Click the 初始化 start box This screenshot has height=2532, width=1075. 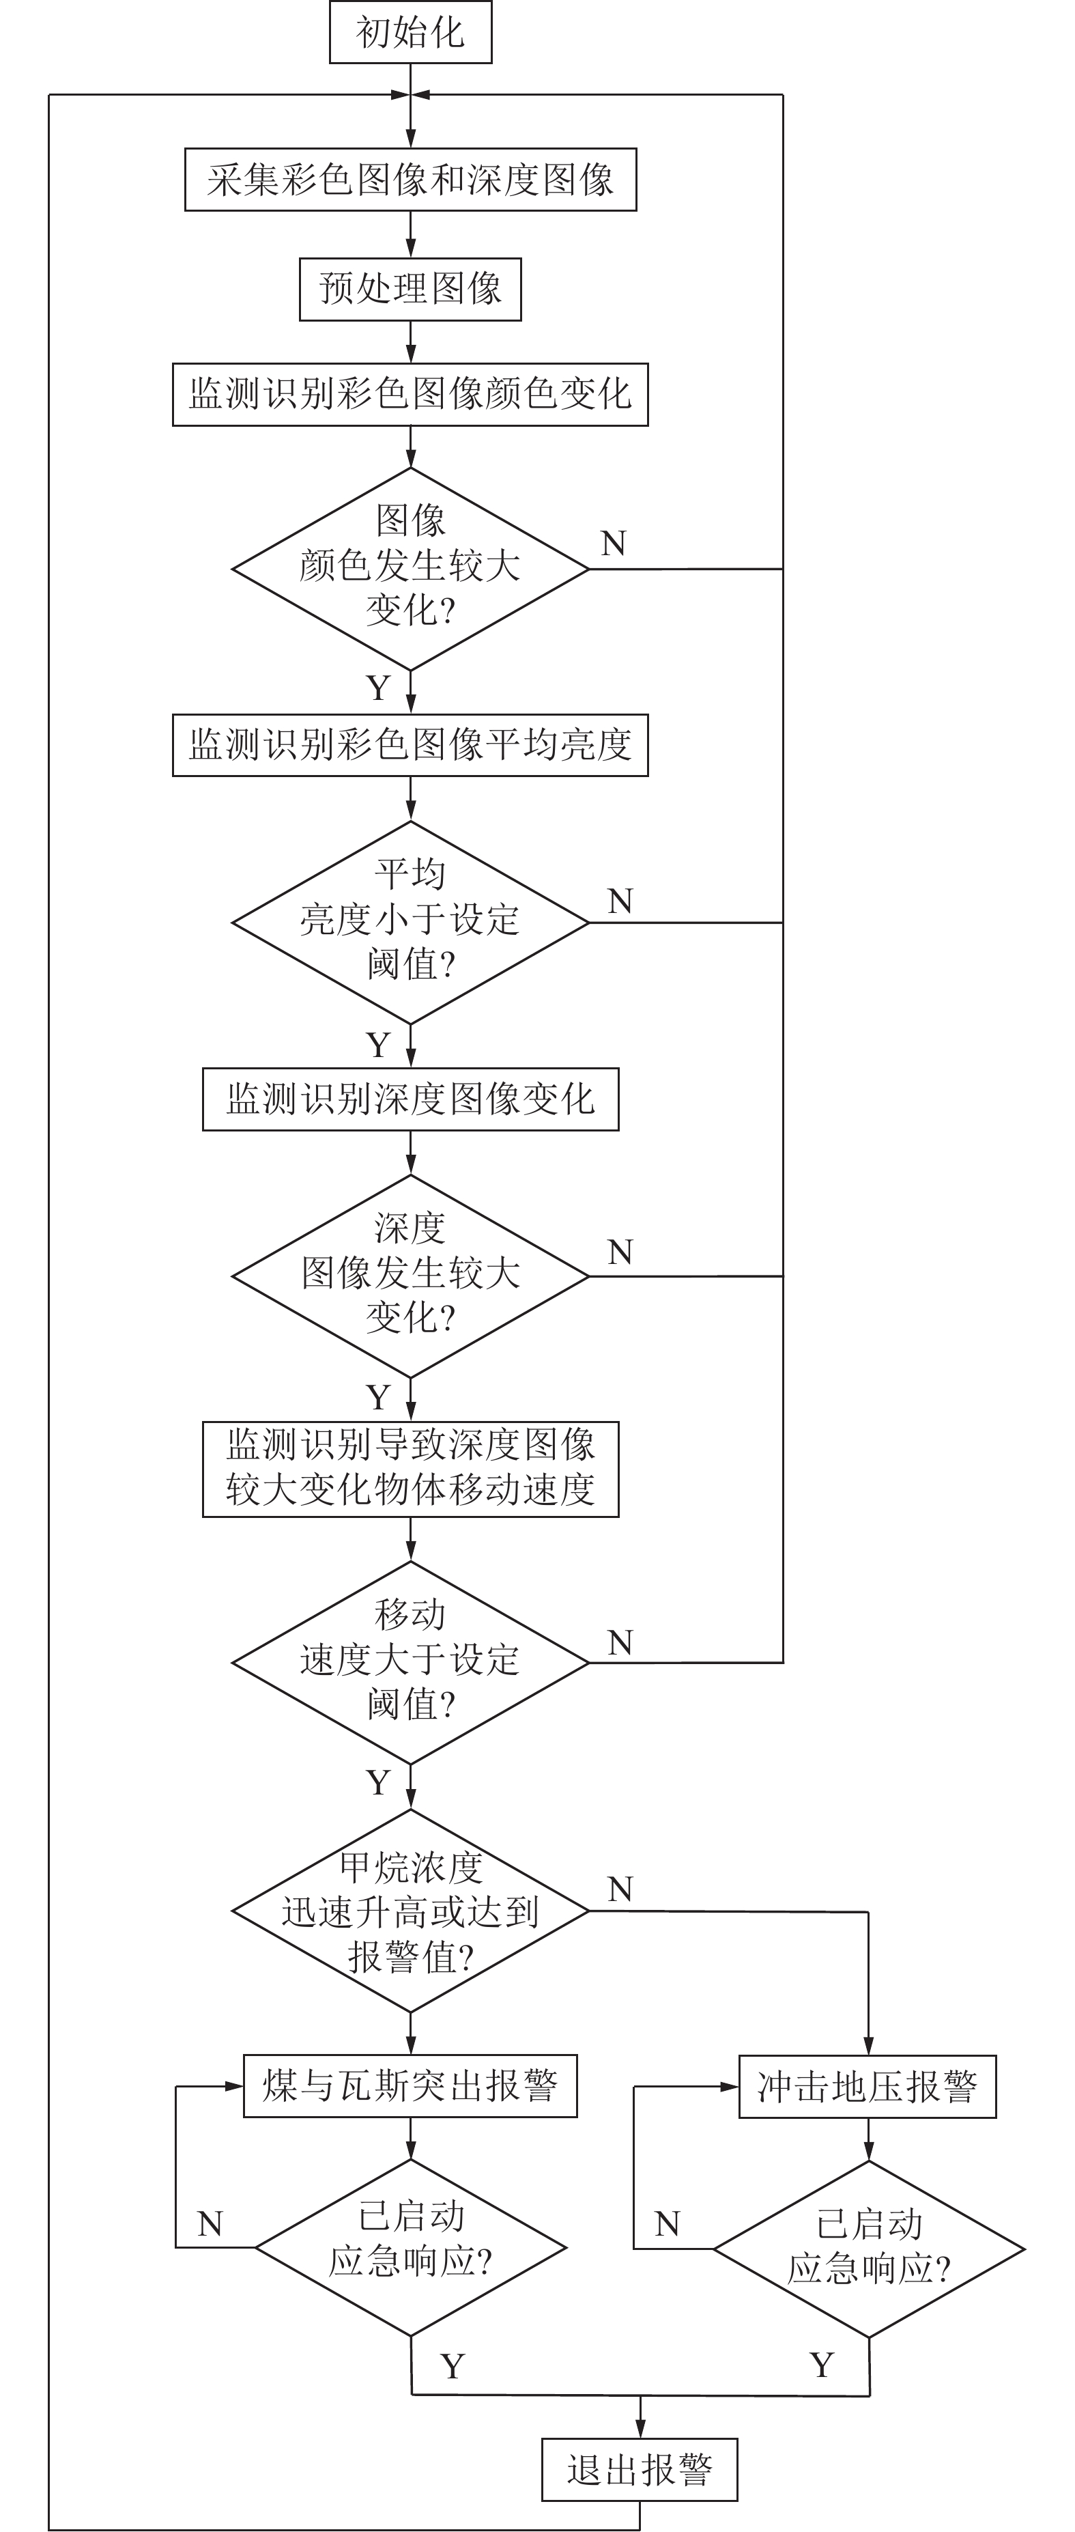pyautogui.click(x=410, y=33)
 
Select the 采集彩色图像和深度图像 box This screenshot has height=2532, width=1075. pyautogui.click(x=410, y=179)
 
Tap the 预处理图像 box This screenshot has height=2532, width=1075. pyautogui.click(x=410, y=288)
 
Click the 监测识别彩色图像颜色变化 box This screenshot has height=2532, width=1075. pyautogui.click(x=410, y=394)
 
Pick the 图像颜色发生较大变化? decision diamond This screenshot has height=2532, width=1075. pyautogui.click(x=410, y=567)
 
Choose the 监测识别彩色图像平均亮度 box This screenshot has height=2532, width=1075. pyautogui.click(x=410, y=744)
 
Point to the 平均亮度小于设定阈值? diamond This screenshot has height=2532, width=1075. pyautogui.click(x=410, y=921)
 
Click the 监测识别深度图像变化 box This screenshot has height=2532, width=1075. pyautogui.click(x=410, y=1098)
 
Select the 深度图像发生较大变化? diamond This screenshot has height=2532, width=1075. pyautogui.click(x=410, y=1275)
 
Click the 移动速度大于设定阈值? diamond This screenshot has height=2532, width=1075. pyautogui.click(x=410, y=1661)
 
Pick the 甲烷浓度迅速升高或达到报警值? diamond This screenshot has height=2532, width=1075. pyautogui.click(x=410, y=1910)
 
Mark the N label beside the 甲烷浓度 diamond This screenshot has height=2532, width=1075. pyautogui.click(x=620, y=1888)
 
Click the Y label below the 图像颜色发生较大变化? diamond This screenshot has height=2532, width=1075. pyautogui.click(x=378, y=688)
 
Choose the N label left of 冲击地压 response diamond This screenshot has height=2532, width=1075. pyautogui.click(x=668, y=2223)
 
